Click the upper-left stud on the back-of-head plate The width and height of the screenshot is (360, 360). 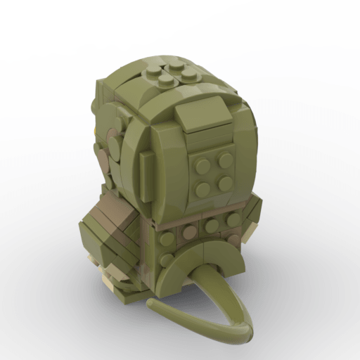tap(202, 167)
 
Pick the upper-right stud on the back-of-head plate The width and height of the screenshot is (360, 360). tap(225, 160)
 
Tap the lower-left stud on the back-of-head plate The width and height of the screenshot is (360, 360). tap(205, 188)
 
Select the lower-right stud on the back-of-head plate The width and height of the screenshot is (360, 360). tap(226, 183)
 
